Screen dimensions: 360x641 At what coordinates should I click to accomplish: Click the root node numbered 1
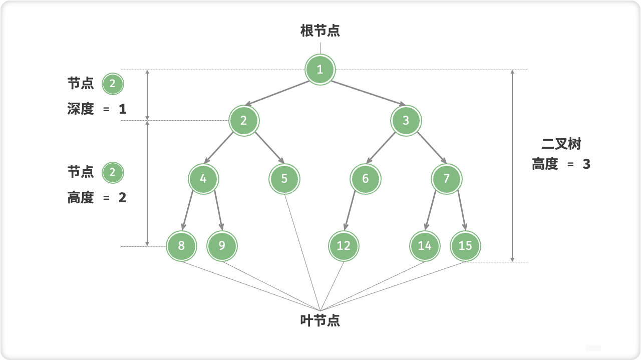[320, 69]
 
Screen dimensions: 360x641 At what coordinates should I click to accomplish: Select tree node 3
[406, 120]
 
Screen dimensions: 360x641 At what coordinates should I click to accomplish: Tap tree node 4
[203, 178]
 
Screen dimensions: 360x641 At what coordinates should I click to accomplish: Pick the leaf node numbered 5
[284, 178]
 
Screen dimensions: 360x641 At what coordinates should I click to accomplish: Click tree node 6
[365, 178]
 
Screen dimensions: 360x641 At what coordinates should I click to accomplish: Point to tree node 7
[447, 178]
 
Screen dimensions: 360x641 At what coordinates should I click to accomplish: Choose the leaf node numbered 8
[181, 245]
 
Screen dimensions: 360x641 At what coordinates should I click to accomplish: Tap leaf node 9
[222, 245]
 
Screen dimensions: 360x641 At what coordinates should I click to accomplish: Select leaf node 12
[344, 245]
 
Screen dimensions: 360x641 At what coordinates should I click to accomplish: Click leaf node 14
[425, 245]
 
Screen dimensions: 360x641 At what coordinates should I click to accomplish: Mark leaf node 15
[465, 245]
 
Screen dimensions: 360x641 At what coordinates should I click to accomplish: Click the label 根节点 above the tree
[320, 31]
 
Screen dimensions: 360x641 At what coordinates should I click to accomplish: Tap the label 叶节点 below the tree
[320, 321]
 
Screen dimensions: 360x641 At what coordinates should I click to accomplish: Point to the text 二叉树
[561, 145]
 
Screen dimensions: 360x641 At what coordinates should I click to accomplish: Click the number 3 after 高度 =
[586, 164]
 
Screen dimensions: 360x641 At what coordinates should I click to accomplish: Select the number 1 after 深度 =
[123, 109]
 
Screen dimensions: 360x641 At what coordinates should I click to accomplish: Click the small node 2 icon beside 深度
[112, 84]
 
